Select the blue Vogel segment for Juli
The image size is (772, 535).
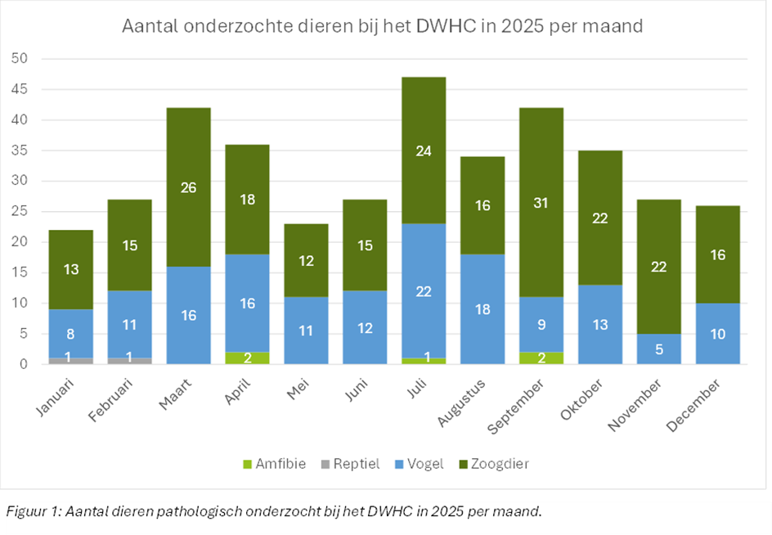(423, 290)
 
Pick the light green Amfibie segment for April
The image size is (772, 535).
(247, 357)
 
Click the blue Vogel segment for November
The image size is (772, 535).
(660, 348)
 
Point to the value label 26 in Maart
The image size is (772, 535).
(187, 188)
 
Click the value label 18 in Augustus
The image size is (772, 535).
(482, 309)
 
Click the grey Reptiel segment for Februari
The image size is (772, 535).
(128, 361)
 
